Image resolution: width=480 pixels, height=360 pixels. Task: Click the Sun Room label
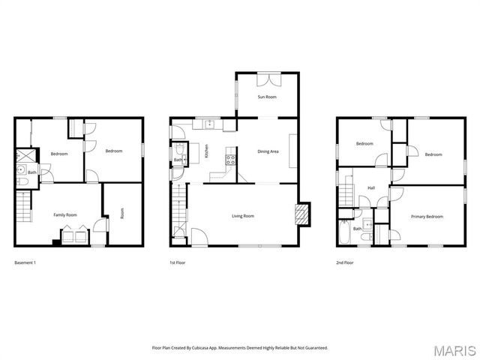[267, 97]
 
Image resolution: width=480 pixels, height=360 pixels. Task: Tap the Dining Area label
[268, 152]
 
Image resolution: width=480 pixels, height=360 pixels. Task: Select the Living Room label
[242, 216]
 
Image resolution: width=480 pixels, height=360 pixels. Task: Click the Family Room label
[65, 215]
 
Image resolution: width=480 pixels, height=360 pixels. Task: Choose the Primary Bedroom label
[427, 217]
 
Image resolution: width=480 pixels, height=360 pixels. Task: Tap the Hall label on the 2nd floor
[370, 188]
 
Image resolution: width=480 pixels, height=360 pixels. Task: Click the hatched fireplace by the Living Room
[301, 214]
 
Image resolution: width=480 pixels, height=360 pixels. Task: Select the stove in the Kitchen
[231, 158]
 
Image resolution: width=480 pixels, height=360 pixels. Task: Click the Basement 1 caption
[25, 262]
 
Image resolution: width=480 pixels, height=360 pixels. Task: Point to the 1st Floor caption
[178, 262]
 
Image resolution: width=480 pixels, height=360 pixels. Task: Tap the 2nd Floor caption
[345, 262]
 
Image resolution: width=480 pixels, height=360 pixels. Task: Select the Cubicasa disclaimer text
[240, 347]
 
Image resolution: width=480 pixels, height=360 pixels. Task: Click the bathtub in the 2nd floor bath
[342, 233]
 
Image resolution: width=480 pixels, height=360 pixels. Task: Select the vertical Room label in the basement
[121, 212]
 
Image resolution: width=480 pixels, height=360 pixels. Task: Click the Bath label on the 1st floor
[178, 160]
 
